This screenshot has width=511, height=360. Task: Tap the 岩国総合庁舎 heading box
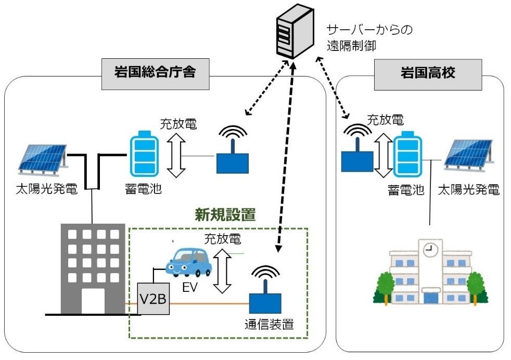point(155,72)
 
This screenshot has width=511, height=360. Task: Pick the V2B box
point(154,299)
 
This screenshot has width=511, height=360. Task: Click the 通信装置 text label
point(269,325)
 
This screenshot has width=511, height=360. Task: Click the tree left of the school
point(385,287)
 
